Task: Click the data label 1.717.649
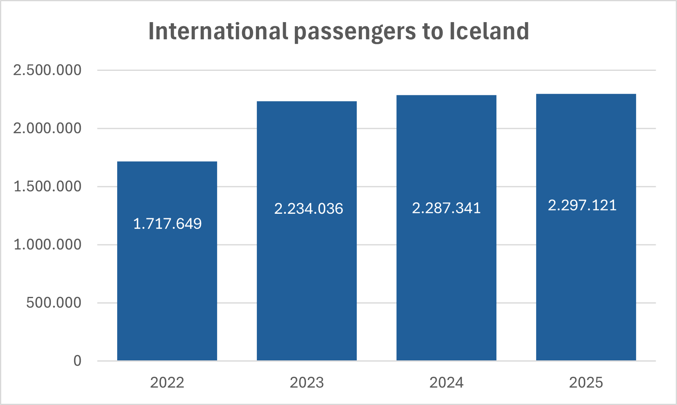tap(168, 224)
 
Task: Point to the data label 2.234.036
tap(308, 209)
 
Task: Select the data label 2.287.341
tap(446, 208)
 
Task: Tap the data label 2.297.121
tap(582, 205)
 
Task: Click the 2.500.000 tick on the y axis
tap(48, 70)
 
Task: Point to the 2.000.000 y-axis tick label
tap(48, 128)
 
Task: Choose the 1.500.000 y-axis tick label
tap(48, 186)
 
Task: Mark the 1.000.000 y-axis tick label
tap(48, 244)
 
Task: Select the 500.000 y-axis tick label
tap(54, 303)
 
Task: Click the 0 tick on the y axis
tap(77, 361)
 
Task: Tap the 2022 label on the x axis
tap(167, 382)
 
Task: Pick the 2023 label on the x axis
tap(307, 382)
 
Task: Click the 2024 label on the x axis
tap(446, 382)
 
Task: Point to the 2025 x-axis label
tap(586, 382)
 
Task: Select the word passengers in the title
tap(355, 32)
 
